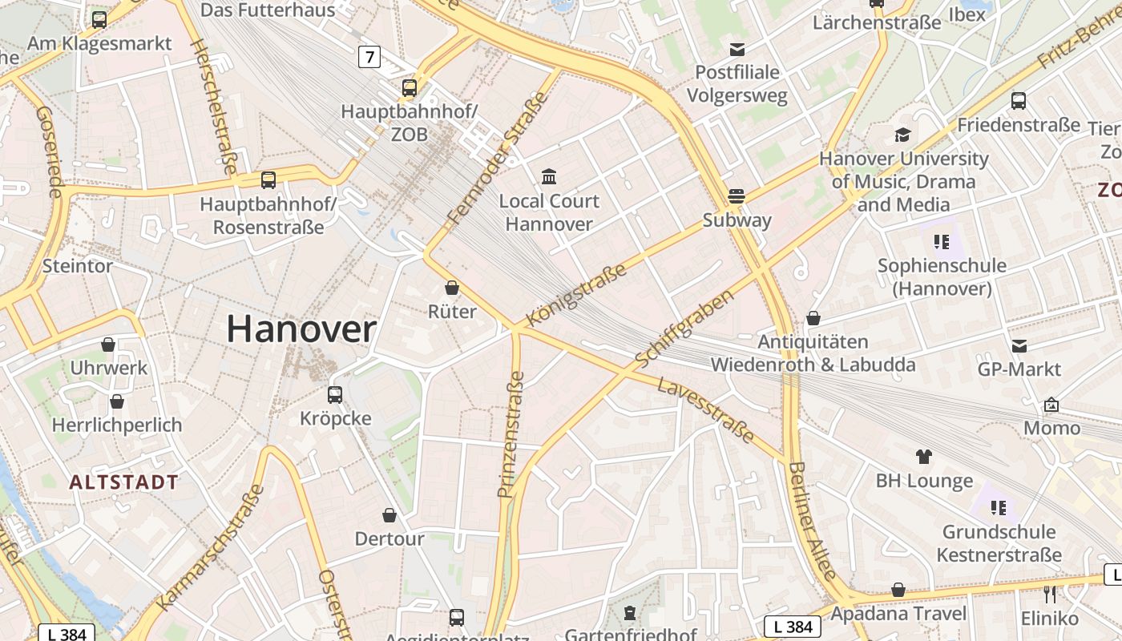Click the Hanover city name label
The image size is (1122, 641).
[x=301, y=329]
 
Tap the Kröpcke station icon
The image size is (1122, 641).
[x=335, y=394]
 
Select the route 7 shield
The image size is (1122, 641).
[x=369, y=57]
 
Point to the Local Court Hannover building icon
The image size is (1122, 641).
[x=549, y=176]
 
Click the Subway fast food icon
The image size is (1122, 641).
[x=736, y=196]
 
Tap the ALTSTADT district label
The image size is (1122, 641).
[x=123, y=482]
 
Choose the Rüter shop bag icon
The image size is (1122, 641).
[x=452, y=288]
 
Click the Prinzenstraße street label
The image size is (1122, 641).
[x=511, y=434]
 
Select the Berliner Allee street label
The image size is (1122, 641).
[x=812, y=521]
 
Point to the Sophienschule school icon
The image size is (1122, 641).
[x=942, y=241]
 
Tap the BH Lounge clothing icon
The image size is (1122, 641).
[x=924, y=457]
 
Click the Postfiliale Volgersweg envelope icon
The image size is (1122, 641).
[x=737, y=49]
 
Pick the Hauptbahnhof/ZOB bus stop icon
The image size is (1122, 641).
[x=410, y=87]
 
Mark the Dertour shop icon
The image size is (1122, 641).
[x=389, y=514]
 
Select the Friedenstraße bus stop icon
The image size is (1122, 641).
[x=1018, y=101]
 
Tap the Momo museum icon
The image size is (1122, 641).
[x=1051, y=405]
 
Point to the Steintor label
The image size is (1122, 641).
[x=77, y=265]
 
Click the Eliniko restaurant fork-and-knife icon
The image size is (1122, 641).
[x=1050, y=594]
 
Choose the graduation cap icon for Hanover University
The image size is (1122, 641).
[x=903, y=135]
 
